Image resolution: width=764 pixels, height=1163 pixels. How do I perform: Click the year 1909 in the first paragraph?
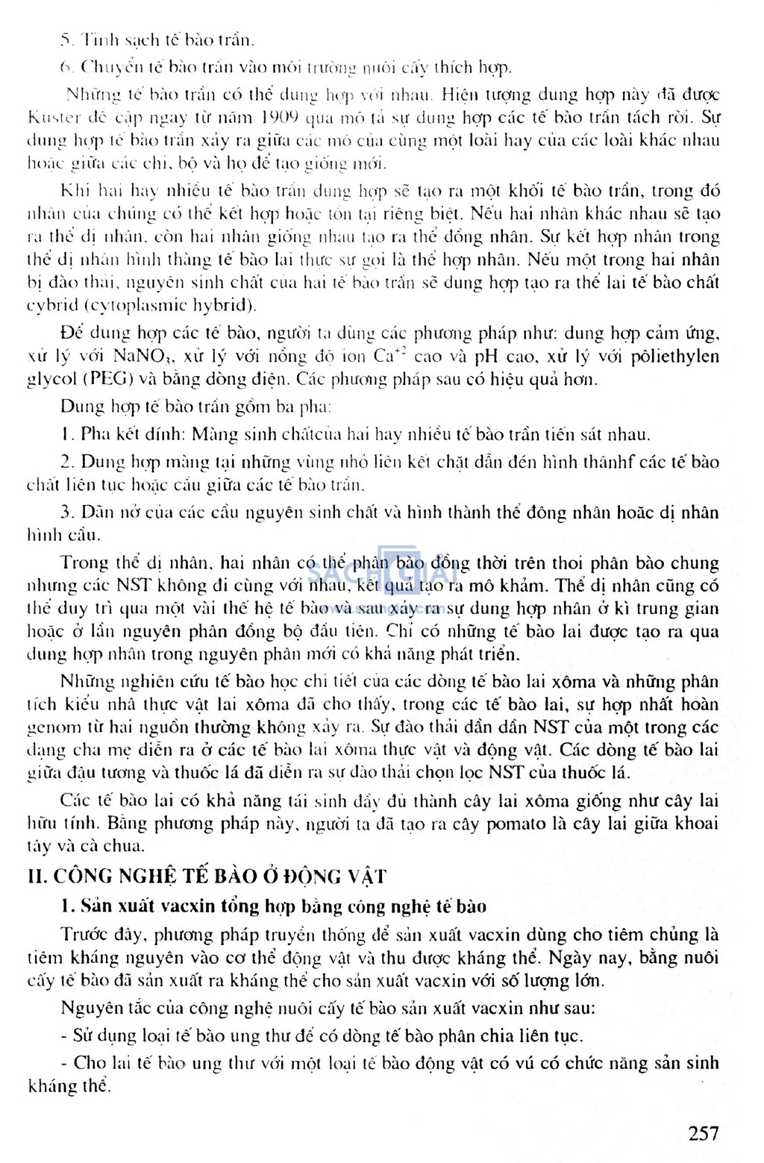(280, 117)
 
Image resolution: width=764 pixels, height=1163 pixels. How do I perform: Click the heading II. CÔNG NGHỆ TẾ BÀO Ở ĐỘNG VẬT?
(207, 876)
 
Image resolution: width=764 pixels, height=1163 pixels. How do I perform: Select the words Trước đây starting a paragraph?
(98, 935)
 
